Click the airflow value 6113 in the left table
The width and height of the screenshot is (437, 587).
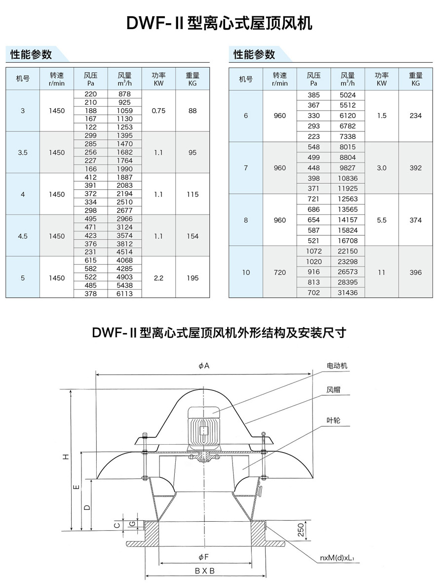pos(125,293)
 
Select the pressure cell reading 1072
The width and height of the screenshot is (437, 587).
pos(314,251)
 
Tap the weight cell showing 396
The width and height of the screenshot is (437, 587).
pos(415,272)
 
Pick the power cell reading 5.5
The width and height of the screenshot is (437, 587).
pos(381,220)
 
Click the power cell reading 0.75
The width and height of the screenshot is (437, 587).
pos(159,111)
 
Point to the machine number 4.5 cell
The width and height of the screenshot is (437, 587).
pos(23,236)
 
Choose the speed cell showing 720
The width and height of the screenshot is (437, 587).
pos(279,272)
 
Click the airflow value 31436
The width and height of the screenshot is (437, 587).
pos(348,293)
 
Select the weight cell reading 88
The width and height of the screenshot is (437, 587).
pos(193,111)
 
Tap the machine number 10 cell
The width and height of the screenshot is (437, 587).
pos(246,272)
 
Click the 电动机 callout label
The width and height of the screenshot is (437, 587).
pos(337,366)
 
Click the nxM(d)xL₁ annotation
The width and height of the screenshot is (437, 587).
pos(338,559)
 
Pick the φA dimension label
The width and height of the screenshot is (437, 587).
pos(204,366)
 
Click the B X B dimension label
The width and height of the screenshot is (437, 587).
pos(204,571)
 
